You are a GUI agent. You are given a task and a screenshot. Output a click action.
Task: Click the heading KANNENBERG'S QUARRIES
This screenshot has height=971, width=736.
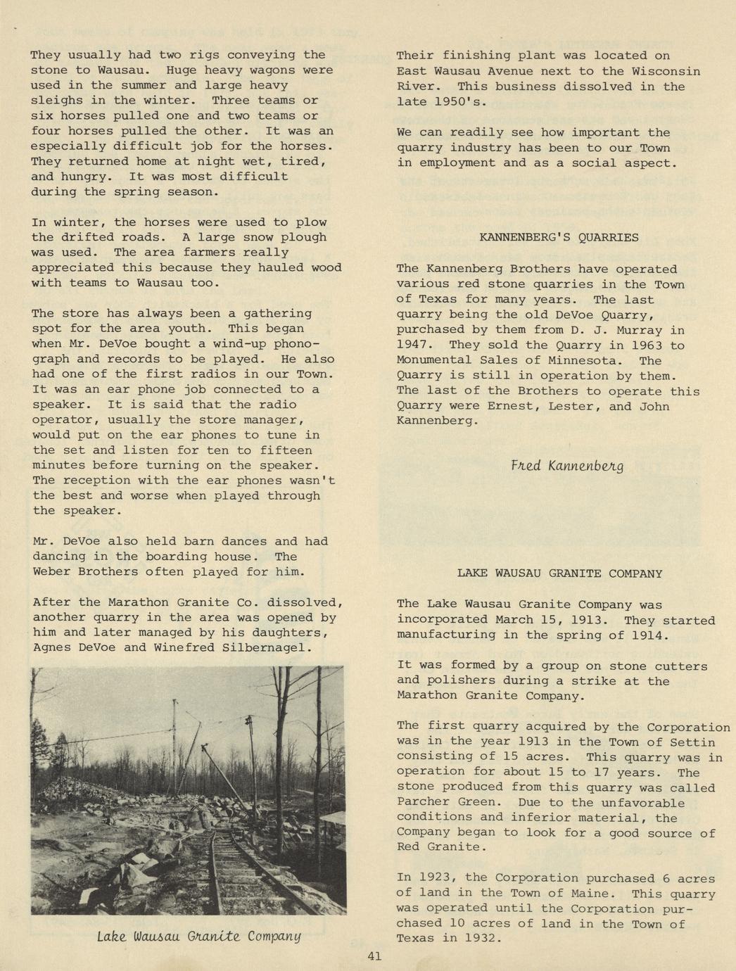pyautogui.click(x=559, y=238)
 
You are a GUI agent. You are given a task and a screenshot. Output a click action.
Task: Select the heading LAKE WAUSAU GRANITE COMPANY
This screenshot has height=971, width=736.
pyautogui.click(x=559, y=573)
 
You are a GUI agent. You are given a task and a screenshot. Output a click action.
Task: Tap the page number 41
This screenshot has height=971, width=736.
pyautogui.click(x=374, y=956)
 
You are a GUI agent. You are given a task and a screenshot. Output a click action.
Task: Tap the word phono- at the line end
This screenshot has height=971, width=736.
pyautogui.click(x=306, y=343)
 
